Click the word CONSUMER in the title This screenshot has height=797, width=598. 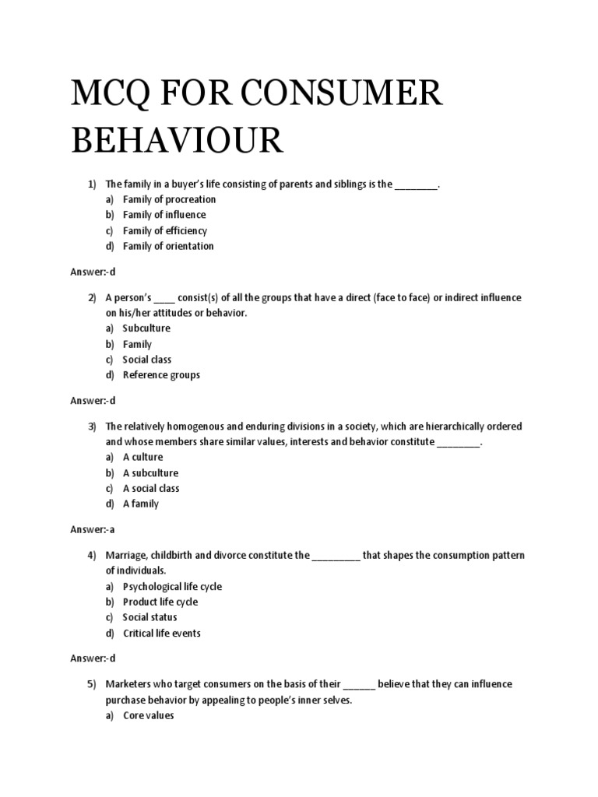(x=343, y=95)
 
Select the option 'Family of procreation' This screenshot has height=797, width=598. (x=169, y=199)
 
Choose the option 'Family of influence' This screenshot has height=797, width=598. (x=164, y=215)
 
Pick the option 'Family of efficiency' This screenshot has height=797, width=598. (x=165, y=230)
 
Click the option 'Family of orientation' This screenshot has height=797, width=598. (x=168, y=246)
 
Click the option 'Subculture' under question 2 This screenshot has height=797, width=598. (x=146, y=328)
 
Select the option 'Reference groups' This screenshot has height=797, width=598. (x=161, y=375)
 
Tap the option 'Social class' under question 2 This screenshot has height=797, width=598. (x=147, y=360)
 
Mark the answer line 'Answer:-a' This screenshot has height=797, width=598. (x=93, y=529)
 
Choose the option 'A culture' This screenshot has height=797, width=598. (x=142, y=458)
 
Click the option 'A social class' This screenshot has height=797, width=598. (x=151, y=489)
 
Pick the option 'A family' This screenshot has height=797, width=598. (x=140, y=504)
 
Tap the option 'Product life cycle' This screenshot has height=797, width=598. (x=160, y=602)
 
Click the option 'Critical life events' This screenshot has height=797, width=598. (x=162, y=634)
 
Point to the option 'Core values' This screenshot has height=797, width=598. (x=149, y=716)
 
